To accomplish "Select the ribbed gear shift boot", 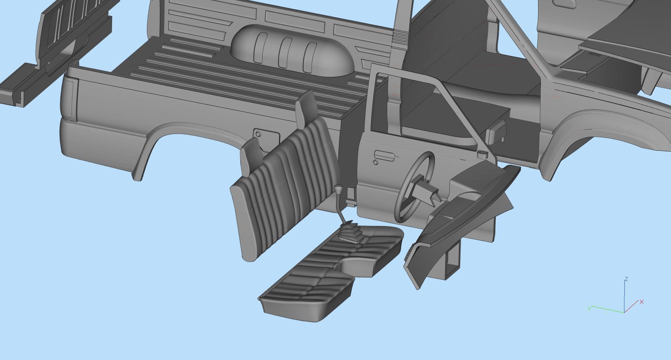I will pyautogui.click(x=352, y=232).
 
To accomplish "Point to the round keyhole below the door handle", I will pyautogui.click(x=375, y=163).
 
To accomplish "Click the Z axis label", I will pyautogui.click(x=626, y=279).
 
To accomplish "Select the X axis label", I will pyautogui.click(x=642, y=302).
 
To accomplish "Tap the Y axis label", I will pyautogui.click(x=589, y=308).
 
